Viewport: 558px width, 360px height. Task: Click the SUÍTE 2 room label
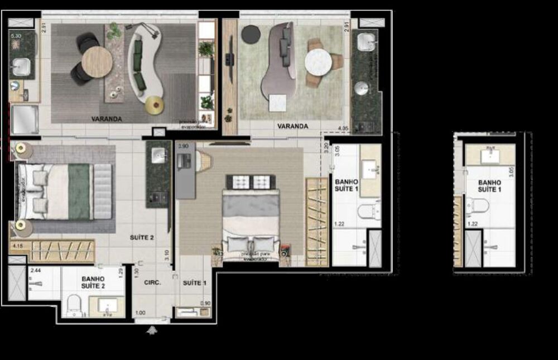point(142,237)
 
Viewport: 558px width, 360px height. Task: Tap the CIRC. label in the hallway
point(152,282)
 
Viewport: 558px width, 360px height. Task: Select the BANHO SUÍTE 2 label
point(93,282)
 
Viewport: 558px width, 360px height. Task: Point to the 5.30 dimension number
point(16,36)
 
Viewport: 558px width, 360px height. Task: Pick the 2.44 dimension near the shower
point(36,271)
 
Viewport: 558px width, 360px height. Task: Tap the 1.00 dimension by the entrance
point(140,313)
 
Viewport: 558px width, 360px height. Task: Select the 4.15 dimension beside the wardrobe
point(17,244)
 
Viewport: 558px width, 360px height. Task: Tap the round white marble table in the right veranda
point(318,61)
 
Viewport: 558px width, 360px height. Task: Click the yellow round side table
point(154,105)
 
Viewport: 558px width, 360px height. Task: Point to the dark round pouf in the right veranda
point(251,33)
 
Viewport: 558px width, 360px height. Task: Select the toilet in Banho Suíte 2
point(74,306)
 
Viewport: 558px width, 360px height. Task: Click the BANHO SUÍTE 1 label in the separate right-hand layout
point(489,186)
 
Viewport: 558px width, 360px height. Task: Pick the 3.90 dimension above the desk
point(183,146)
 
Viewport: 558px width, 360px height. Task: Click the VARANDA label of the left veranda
point(107,119)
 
